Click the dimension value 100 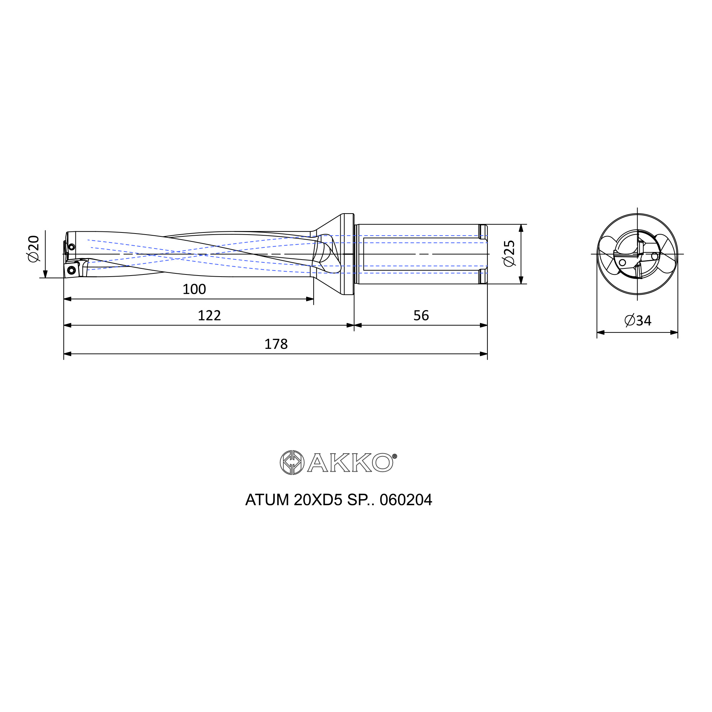(x=194, y=289)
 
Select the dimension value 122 (x=209, y=316)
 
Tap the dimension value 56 (x=421, y=316)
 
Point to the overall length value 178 (x=276, y=345)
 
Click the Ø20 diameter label (x=33, y=249)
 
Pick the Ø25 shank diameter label (x=509, y=253)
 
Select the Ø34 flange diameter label (x=638, y=321)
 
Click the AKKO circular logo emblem (x=292, y=462)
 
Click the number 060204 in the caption (x=406, y=500)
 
